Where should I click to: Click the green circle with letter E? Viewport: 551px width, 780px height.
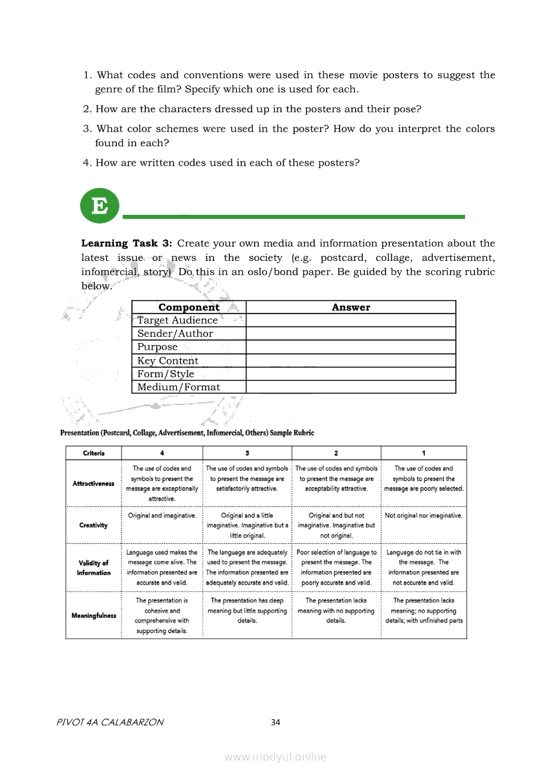point(99,206)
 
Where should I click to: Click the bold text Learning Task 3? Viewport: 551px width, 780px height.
point(127,244)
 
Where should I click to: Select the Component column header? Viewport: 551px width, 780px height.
point(189,307)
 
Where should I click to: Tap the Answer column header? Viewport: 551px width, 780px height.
point(350,307)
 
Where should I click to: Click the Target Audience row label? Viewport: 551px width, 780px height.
point(177,320)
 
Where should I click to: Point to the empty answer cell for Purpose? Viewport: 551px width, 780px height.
point(350,347)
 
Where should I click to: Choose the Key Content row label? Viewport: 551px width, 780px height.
point(167,360)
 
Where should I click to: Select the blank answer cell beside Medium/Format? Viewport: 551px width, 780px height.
point(350,387)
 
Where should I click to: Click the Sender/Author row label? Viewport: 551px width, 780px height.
point(175,334)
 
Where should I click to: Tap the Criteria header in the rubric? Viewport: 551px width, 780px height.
point(93,453)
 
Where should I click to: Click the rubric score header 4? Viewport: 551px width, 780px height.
point(161,453)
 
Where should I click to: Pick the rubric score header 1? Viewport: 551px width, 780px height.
point(424,453)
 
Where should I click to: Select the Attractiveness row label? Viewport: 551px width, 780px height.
point(93,483)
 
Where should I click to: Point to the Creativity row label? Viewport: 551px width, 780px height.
point(93,525)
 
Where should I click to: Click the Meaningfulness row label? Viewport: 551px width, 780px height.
point(93,615)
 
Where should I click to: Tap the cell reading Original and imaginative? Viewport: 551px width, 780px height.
point(161,515)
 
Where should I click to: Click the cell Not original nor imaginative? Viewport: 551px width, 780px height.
point(424,515)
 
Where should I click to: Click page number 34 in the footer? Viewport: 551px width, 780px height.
point(275,722)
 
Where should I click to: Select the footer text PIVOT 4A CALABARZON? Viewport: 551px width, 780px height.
point(111,722)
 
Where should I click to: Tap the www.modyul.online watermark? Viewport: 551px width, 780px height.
point(275,757)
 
